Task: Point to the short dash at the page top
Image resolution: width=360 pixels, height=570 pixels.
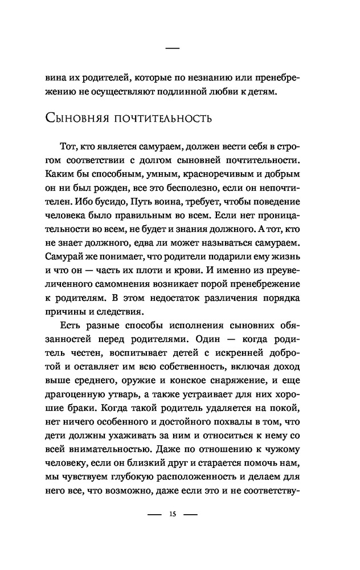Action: (x=172, y=50)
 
